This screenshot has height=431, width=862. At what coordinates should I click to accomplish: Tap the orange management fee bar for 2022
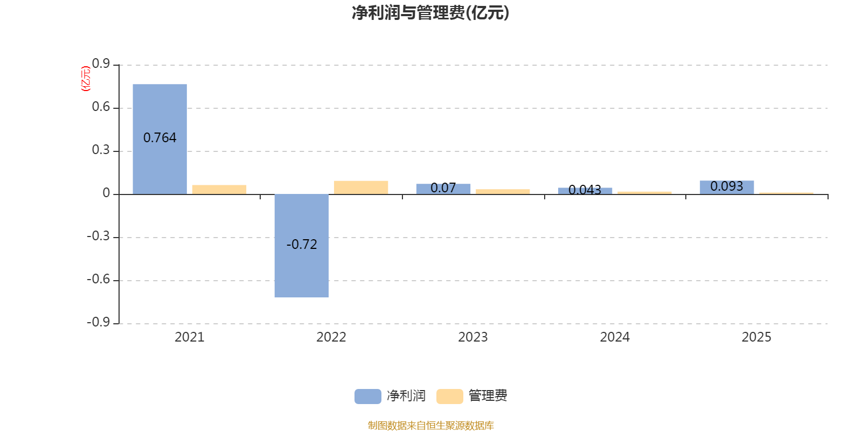[361, 187]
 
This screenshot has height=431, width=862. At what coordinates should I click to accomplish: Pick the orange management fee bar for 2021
[219, 189]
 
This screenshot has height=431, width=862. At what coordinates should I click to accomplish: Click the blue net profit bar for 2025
[727, 187]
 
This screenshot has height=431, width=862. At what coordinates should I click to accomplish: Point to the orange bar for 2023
[503, 191]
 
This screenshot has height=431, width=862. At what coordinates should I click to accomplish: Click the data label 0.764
[159, 138]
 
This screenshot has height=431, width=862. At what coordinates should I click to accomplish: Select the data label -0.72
[302, 245]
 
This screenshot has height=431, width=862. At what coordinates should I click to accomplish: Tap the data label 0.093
[727, 186]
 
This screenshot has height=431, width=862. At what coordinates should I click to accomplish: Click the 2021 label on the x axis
[189, 337]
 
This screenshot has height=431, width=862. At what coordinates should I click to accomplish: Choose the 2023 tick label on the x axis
[472, 337]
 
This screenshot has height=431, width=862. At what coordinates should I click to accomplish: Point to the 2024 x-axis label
[615, 337]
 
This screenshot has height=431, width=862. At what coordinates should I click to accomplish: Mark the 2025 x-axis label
[756, 337]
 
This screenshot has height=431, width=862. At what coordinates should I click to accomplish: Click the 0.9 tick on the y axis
[101, 64]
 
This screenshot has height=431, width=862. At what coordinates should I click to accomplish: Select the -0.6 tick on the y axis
[98, 279]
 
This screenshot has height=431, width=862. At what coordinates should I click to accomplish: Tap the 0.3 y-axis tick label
[101, 150]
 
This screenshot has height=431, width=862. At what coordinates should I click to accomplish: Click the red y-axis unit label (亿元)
[85, 79]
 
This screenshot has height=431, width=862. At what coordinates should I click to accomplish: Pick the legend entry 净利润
[391, 396]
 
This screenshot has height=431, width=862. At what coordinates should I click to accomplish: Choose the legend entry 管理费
[472, 396]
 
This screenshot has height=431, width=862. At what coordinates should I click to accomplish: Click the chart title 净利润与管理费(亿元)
[430, 13]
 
